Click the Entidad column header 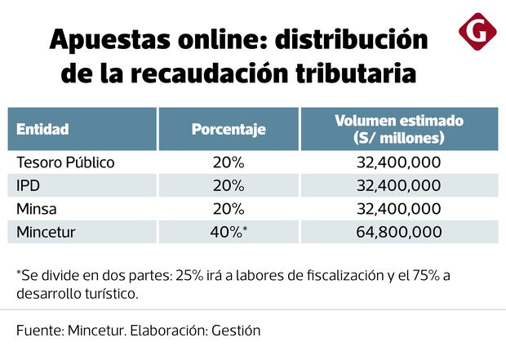pos(42,128)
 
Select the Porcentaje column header pos(229,128)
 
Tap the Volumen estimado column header pos(399,128)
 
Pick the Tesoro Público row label pos(65,162)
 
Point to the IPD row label pos(28,185)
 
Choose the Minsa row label pos(35,208)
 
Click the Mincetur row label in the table pos(46,232)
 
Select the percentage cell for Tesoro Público pos(229,162)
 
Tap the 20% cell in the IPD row pos(229,185)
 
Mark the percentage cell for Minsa pos(229,208)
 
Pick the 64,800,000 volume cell pos(399,232)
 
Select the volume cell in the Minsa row pos(399,208)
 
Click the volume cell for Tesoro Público pos(399,162)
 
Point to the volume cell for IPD pos(399,185)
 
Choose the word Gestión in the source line pos(236,331)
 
